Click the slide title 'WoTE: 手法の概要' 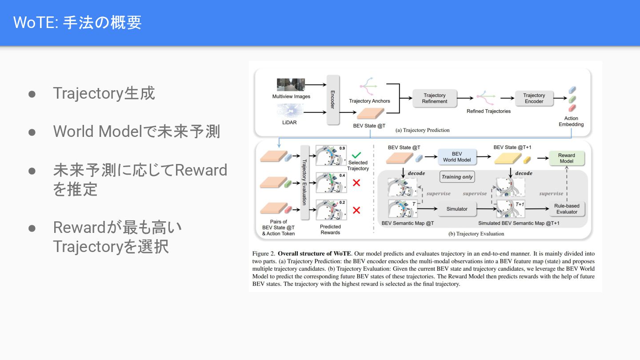(77, 22)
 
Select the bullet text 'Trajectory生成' (104, 93)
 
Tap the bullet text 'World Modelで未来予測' (136, 132)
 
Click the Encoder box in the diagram (333, 100)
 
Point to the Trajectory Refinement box (434, 98)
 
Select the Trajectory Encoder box (534, 98)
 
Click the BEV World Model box (456, 157)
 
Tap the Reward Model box (566, 158)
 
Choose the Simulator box (456, 208)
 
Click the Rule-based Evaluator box (567, 208)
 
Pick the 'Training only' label (457, 177)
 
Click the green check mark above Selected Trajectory (356, 156)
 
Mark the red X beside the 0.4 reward (356, 183)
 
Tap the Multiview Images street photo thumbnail (291, 85)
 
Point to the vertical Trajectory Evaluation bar (304, 182)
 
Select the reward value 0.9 (342, 148)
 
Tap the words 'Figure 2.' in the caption (263, 254)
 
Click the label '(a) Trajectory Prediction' (422, 130)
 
